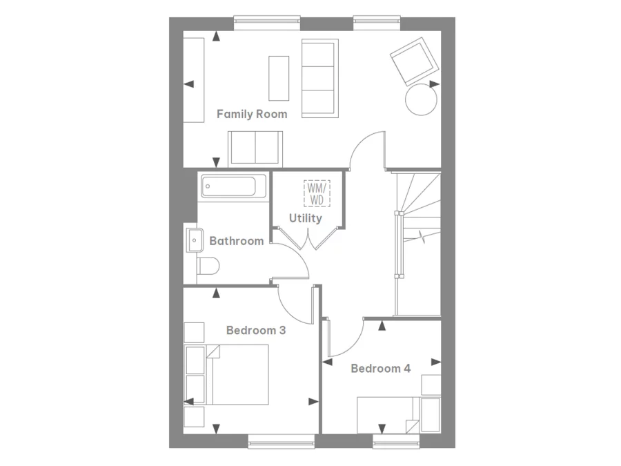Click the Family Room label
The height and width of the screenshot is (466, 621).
coord(252,114)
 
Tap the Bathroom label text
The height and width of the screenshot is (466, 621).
coord(236,241)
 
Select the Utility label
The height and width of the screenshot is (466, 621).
coord(305,218)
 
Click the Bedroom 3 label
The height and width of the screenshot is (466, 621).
coord(256,331)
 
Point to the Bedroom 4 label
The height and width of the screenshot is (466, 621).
coord(380,369)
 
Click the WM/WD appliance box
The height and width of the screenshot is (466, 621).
coord(317,193)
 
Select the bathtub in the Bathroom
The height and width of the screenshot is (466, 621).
coord(233,187)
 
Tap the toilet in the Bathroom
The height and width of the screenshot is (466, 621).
coord(208,266)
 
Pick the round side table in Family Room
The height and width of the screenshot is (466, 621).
coord(421,99)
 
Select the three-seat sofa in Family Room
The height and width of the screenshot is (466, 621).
coord(319,78)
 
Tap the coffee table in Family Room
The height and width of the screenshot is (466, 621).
coord(279,78)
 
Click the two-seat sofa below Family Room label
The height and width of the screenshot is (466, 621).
coord(255,146)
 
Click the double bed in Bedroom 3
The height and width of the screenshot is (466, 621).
coord(238,375)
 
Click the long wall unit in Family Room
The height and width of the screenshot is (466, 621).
coord(194,79)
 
